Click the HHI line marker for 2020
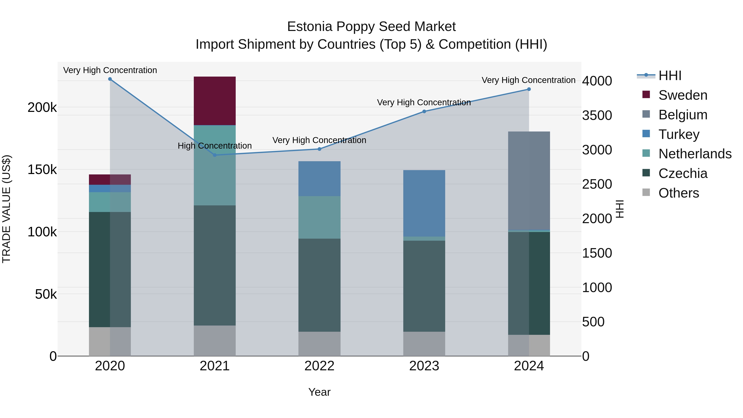pos(110,79)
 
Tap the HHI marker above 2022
pos(319,149)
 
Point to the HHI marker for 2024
pos(529,89)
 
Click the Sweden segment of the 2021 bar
pos(215,101)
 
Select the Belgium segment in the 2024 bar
pos(529,181)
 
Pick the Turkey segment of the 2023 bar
pos(424,203)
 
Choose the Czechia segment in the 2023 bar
pos(424,286)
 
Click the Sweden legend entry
pos(683,95)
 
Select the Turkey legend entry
pos(679,134)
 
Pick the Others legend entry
pos(678,193)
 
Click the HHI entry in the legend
pos(670,76)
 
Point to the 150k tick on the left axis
pos(42,170)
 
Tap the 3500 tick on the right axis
pos(597,115)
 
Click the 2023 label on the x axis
pos(424,366)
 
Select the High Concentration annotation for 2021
pos(215,146)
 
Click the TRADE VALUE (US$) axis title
pos(7,209)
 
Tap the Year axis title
pos(319,392)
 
